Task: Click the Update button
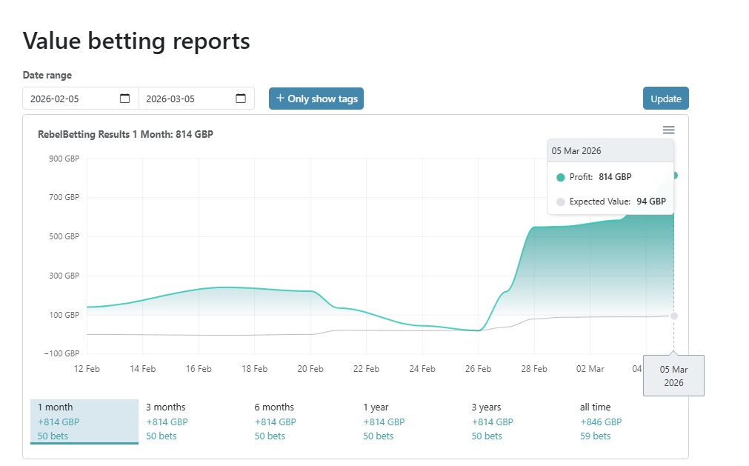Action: (x=665, y=99)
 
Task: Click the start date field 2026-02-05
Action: (x=70, y=99)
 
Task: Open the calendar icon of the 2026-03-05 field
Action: (x=241, y=99)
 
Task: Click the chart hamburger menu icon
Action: (x=668, y=130)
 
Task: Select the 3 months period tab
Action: (x=165, y=421)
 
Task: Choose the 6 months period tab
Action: (x=274, y=421)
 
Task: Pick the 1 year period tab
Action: (x=383, y=421)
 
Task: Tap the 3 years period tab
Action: (x=491, y=421)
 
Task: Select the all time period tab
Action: (x=600, y=421)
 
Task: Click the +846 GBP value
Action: (x=600, y=422)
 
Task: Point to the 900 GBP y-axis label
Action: (x=64, y=159)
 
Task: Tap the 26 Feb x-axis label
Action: (x=478, y=369)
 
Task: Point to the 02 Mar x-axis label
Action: (x=590, y=369)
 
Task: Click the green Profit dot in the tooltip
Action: (x=560, y=177)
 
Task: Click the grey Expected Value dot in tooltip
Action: (x=560, y=202)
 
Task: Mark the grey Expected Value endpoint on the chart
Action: (x=673, y=316)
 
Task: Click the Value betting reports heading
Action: (x=136, y=41)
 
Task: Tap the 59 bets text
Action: (x=595, y=436)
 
